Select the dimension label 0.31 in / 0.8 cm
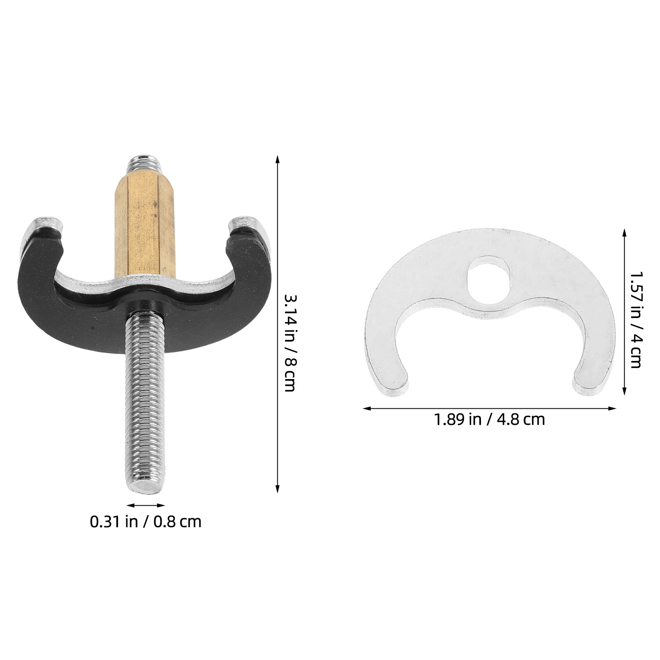point(146,522)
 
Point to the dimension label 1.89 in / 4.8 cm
point(489,420)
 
